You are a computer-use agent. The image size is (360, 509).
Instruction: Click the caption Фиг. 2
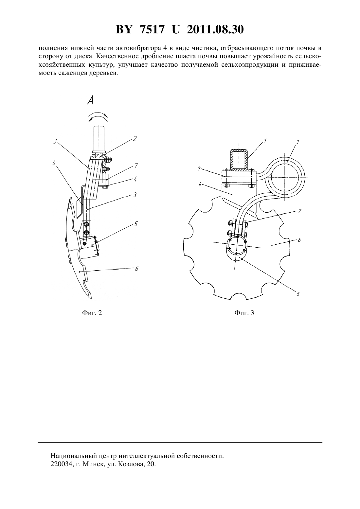pyautogui.click(x=92, y=313)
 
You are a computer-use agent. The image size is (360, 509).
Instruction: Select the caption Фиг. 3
pyautogui.click(x=244, y=313)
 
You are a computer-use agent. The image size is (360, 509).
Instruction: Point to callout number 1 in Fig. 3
pyautogui.click(x=265, y=141)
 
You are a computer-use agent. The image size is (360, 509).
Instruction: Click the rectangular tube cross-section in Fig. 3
pyautogui.click(x=239, y=159)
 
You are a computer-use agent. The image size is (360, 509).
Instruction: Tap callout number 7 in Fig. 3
pyautogui.click(x=199, y=168)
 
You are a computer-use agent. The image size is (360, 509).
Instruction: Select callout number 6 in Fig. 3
pyautogui.click(x=299, y=240)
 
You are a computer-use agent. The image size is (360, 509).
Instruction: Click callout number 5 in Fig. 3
pyautogui.click(x=298, y=294)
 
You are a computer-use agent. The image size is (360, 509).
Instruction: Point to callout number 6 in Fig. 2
pyautogui.click(x=136, y=269)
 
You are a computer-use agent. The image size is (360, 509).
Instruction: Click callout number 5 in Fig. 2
pyautogui.click(x=136, y=224)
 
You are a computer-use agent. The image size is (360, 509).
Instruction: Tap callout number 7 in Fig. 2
pyautogui.click(x=136, y=166)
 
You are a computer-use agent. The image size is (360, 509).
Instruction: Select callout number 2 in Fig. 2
pyautogui.click(x=135, y=138)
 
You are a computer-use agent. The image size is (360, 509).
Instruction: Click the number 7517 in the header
pyautogui.click(x=152, y=29)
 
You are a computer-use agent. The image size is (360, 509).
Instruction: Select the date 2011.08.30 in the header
pyautogui.click(x=215, y=29)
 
